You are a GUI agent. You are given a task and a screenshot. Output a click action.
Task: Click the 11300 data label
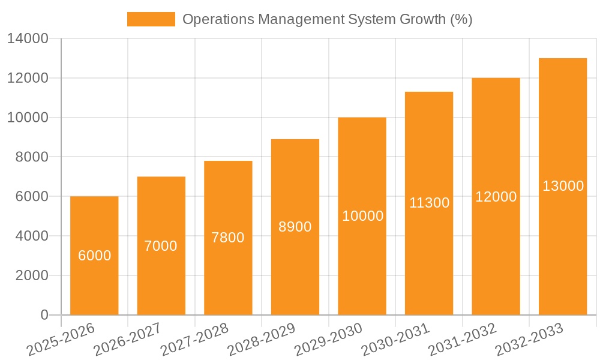tap(429, 203)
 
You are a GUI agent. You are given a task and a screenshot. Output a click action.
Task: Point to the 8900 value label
tap(295, 227)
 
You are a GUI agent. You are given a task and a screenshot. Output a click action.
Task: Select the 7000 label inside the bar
tap(161, 246)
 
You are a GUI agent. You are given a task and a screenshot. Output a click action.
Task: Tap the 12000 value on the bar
tap(496, 197)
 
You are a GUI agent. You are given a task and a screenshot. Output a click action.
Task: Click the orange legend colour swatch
tap(151, 19)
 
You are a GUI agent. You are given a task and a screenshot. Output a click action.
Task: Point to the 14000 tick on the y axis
tap(28, 39)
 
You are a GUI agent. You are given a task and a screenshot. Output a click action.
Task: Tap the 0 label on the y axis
tap(44, 315)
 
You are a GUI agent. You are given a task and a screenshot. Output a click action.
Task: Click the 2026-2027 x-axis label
tap(127, 340)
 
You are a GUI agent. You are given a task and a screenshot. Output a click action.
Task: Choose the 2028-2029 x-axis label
tap(261, 340)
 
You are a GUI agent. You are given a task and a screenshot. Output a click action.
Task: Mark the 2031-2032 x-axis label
tap(462, 340)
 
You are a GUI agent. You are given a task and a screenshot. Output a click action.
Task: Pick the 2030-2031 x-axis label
tap(395, 340)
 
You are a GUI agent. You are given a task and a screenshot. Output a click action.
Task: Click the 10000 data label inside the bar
tap(362, 216)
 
